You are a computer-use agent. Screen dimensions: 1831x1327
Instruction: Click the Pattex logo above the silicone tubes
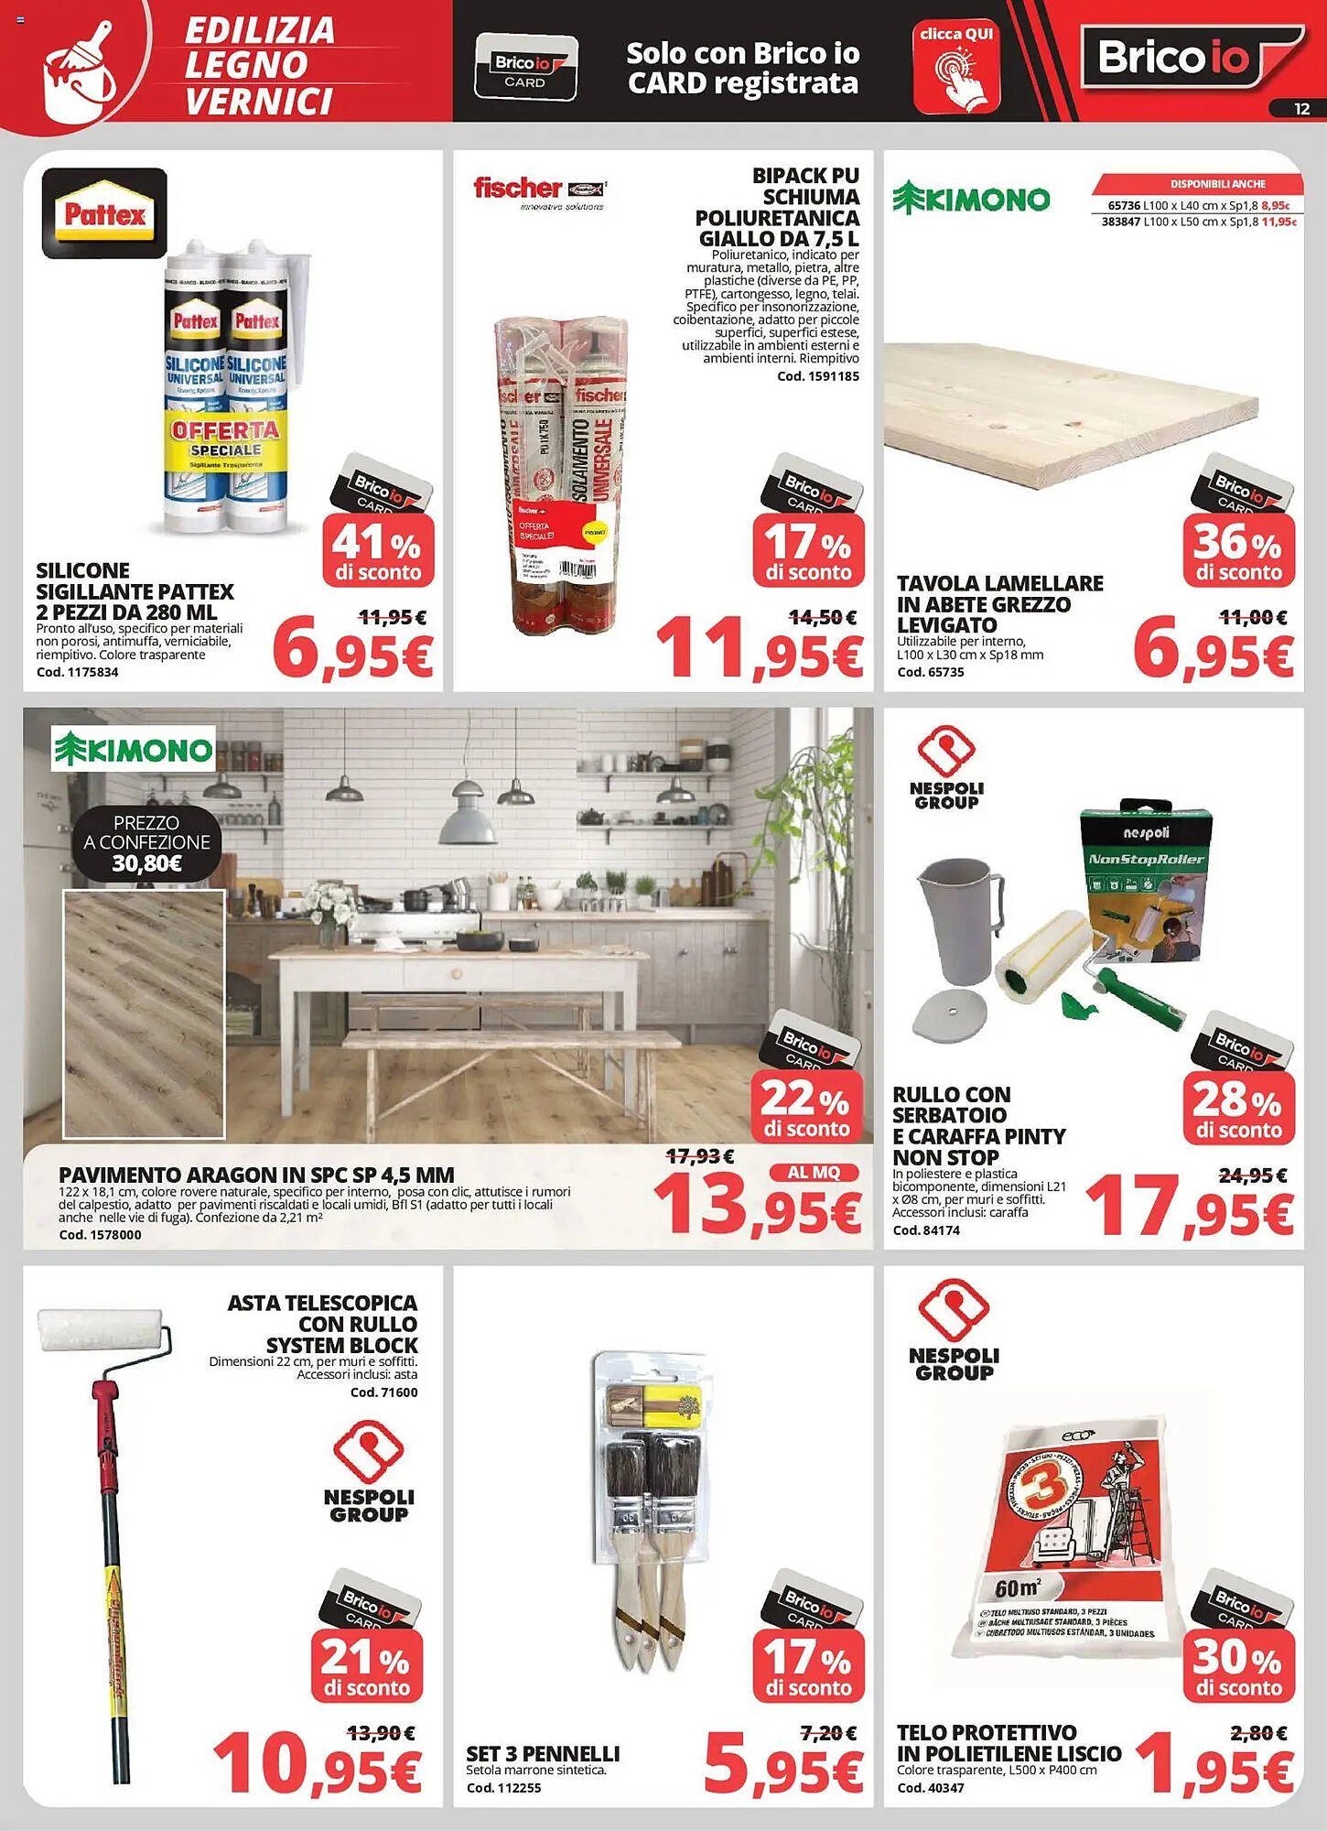point(104,213)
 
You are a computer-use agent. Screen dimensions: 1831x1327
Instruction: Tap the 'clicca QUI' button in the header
point(956,68)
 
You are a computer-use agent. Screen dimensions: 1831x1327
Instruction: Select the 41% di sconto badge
point(378,550)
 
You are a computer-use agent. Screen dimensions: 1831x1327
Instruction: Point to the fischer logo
point(539,190)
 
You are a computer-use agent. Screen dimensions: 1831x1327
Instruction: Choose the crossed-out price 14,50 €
point(823,618)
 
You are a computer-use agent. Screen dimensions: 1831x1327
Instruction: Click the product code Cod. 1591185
point(817,376)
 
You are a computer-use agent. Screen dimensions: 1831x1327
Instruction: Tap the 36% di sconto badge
point(1238,550)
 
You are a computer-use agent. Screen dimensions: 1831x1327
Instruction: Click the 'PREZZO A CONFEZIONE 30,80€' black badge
point(146,842)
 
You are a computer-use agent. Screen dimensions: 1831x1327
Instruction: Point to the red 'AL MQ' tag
point(813,1173)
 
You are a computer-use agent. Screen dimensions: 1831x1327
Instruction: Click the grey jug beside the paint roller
point(959,920)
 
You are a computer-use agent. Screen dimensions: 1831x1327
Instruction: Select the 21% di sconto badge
point(366,1666)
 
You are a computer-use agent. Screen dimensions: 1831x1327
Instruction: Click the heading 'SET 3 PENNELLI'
point(543,1754)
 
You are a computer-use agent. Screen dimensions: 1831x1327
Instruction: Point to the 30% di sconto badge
point(1238,1666)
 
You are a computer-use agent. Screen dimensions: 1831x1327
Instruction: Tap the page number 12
point(1301,109)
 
